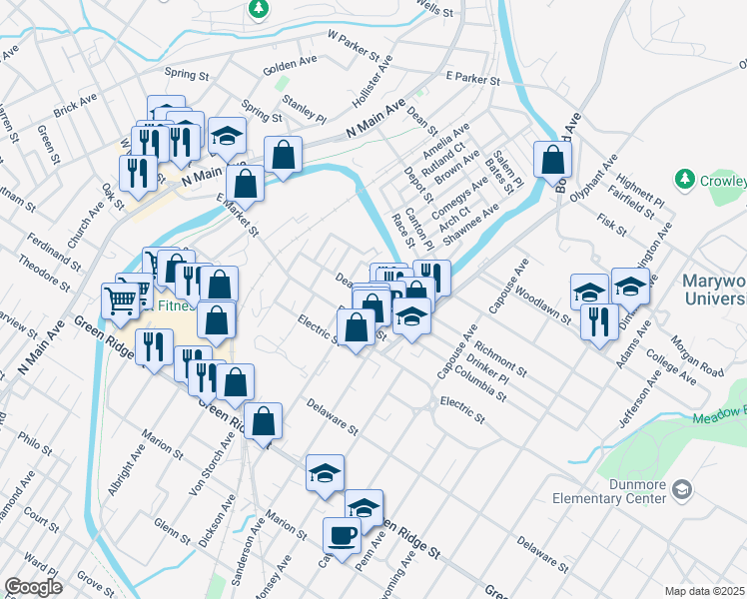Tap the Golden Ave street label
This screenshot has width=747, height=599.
coord(290,66)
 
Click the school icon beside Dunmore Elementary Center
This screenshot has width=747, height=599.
coord(682,489)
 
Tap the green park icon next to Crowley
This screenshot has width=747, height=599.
coord(684,180)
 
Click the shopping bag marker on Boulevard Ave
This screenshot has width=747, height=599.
coord(552,160)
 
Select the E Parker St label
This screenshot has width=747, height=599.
coord(472,77)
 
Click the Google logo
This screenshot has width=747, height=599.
coord(33,587)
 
